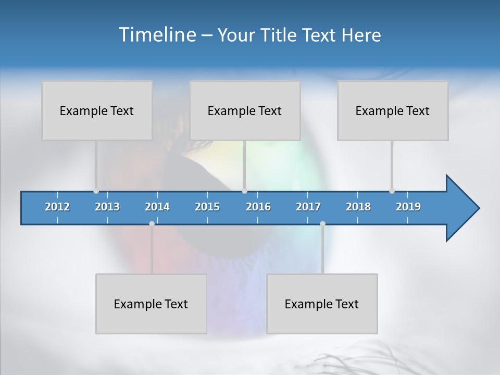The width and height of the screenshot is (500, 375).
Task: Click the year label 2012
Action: click(x=57, y=207)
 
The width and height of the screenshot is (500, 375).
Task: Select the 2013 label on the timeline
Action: click(x=107, y=207)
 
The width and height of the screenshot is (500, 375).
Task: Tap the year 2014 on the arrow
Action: click(x=157, y=207)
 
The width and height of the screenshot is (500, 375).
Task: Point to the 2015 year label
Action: click(x=207, y=207)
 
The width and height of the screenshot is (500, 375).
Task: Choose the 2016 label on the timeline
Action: click(x=258, y=207)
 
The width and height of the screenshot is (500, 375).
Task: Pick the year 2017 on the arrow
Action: click(x=308, y=207)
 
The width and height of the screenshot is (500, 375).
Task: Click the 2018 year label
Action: click(x=358, y=207)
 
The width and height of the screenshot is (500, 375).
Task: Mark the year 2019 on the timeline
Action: click(x=408, y=207)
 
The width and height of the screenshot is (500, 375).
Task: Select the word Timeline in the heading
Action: click(x=156, y=35)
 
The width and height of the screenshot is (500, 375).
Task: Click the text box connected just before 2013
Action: click(x=97, y=110)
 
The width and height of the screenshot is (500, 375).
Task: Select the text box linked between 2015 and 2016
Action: click(x=245, y=110)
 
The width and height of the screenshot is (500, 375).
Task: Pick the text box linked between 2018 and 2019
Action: click(x=393, y=110)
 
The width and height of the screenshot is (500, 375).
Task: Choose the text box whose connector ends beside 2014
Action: click(x=151, y=304)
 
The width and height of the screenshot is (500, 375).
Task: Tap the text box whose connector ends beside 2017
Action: click(x=322, y=304)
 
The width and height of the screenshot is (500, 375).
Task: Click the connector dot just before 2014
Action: click(x=152, y=223)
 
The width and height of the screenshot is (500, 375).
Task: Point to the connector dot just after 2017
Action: click(x=322, y=223)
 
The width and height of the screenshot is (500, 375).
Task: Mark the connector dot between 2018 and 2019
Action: click(x=392, y=191)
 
